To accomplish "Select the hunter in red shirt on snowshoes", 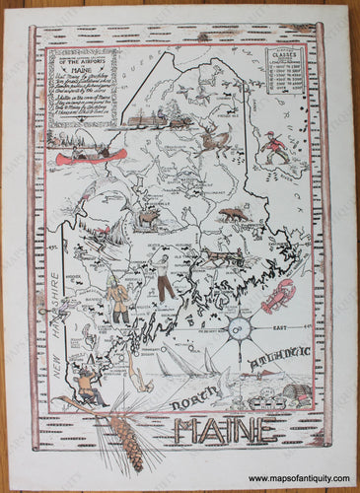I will click(278, 149).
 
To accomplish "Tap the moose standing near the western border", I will click(149, 218).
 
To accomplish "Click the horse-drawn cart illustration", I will click(221, 256).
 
